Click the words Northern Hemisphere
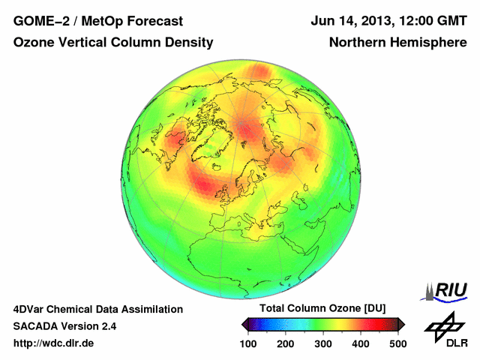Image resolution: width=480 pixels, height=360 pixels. point(397,43)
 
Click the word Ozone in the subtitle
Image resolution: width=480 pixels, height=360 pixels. point(33,43)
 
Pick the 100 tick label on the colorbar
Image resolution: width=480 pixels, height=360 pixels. point(248,343)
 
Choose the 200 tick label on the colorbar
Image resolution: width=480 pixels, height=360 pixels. point(286,343)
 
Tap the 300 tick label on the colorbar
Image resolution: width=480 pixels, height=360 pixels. point(323,343)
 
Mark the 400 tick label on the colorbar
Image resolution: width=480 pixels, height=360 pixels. point(361,343)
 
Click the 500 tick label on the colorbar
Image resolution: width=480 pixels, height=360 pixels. point(397,343)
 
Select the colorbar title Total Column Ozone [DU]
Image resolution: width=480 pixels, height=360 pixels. point(322,309)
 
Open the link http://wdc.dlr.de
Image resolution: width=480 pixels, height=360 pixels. point(54,343)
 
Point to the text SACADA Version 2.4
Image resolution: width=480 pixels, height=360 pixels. point(64,326)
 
